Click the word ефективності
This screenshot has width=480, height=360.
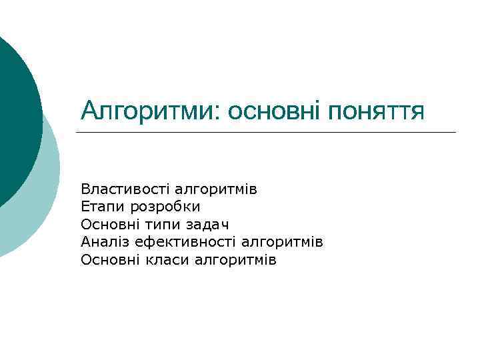[183, 242]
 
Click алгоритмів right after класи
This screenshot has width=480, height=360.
[235, 259]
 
